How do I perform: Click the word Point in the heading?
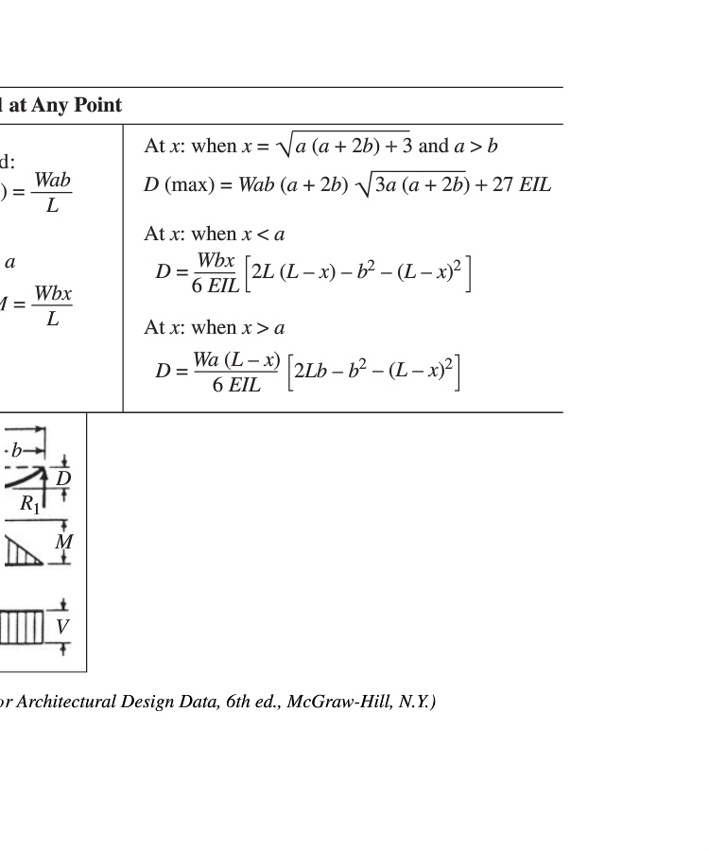pyautogui.click(x=95, y=105)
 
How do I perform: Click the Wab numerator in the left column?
pyautogui.click(x=52, y=180)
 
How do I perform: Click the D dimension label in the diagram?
pyautogui.click(x=62, y=478)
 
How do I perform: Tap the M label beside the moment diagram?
pyautogui.click(x=63, y=542)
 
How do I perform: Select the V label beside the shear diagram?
pyautogui.click(x=62, y=626)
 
